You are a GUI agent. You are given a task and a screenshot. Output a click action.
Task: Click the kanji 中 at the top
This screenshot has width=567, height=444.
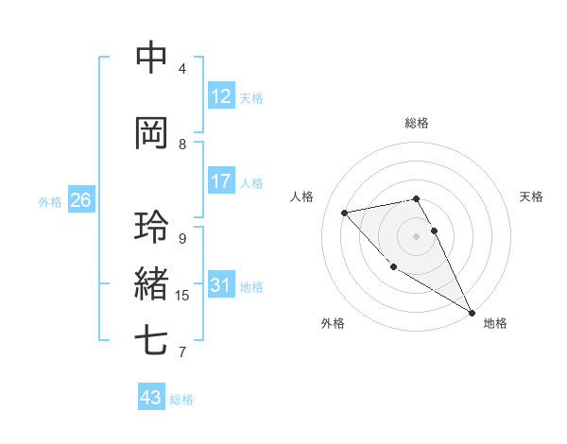[151, 58]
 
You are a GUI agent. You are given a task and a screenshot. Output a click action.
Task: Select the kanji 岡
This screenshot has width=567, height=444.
[151, 133]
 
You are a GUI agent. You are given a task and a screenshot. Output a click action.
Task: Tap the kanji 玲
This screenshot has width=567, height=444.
[151, 228]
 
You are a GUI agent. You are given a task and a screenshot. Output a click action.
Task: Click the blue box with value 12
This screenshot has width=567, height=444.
[220, 96]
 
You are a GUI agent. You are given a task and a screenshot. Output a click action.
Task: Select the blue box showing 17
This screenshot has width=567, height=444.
[220, 181]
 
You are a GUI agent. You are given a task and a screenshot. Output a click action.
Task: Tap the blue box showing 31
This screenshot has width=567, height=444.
[220, 285]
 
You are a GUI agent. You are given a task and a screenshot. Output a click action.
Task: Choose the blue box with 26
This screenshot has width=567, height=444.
[80, 200]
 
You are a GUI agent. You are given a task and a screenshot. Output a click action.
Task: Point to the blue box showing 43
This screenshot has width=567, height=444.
[150, 398]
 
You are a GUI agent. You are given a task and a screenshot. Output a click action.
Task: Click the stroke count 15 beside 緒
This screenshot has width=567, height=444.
[182, 296]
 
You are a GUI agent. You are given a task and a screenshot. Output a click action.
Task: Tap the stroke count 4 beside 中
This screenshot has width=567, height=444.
[182, 69]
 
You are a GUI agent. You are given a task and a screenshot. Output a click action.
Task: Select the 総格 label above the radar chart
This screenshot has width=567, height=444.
[417, 123]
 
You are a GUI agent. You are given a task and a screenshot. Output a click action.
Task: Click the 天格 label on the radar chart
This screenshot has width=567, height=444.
[531, 196]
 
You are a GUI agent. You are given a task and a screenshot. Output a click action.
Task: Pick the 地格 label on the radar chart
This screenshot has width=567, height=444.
[495, 323]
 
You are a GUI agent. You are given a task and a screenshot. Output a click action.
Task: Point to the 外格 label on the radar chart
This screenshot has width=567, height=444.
[333, 323]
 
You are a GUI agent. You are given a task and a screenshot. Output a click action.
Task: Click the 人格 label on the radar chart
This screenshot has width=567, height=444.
[302, 196]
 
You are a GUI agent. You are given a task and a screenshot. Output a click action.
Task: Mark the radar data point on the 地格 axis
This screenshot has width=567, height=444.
[472, 313]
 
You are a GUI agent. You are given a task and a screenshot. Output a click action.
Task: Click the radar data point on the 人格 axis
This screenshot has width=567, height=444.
[345, 213]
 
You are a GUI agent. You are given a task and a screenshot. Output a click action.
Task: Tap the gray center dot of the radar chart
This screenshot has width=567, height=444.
[417, 235]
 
